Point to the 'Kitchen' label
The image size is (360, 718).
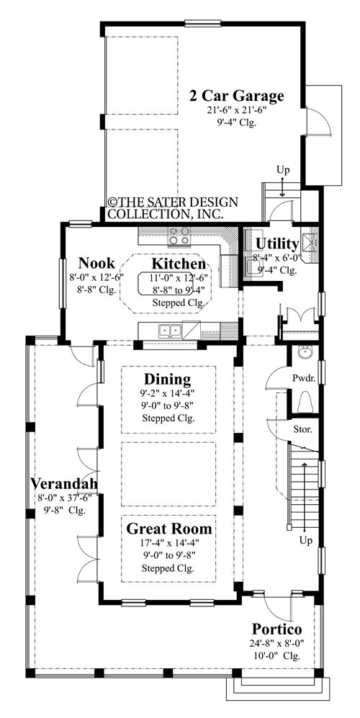[178, 264]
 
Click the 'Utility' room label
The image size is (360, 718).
[277, 243]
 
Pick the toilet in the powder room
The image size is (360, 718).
[304, 400]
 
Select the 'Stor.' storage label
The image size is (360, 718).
[302, 429]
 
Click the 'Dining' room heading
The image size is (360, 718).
[167, 379]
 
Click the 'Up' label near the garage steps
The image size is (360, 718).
[284, 170]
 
